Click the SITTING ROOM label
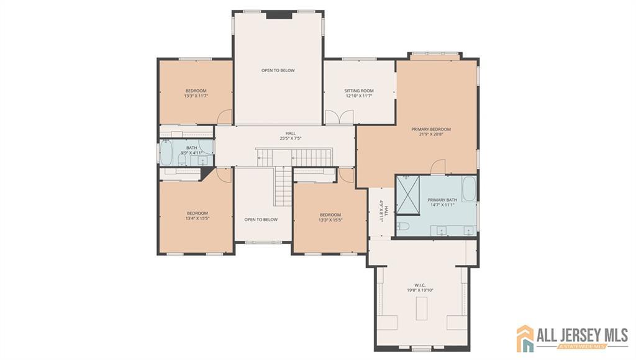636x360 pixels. [359, 91]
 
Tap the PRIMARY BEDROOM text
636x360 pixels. [431, 129]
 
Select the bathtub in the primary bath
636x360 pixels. [469, 189]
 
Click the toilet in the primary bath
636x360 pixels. [403, 227]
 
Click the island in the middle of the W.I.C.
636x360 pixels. [422, 308]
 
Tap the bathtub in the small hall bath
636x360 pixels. [166, 154]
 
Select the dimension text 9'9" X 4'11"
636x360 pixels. [191, 152]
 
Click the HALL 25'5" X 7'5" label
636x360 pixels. [291, 135]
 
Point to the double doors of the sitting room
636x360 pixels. [339, 117]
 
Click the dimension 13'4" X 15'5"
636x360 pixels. [198, 218]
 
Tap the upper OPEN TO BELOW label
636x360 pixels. [278, 70]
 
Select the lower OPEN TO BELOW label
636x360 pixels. [261, 219]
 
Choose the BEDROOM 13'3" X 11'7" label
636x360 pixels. [195, 94]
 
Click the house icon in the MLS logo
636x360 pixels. [525, 338]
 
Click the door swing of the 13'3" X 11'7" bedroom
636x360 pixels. [225, 117]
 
